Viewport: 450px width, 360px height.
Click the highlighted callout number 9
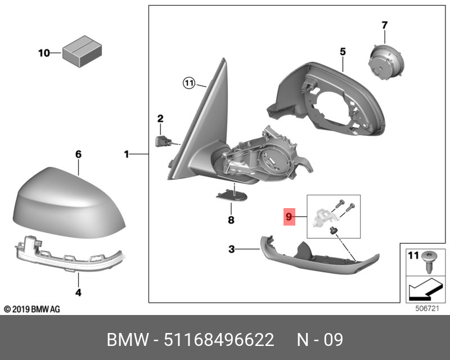tap(289, 216)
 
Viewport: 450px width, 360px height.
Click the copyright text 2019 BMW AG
tap(31, 309)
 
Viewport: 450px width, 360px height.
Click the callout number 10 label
tap(44, 53)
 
